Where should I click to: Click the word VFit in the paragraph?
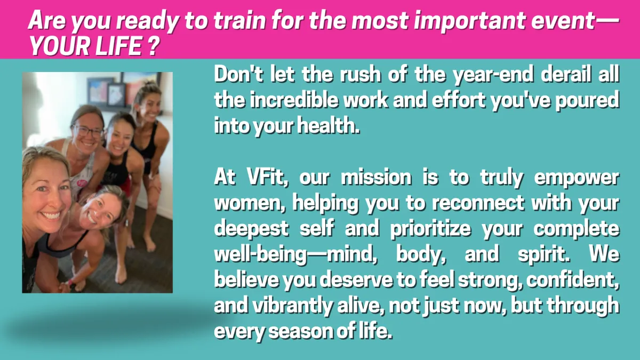(267, 178)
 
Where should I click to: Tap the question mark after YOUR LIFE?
(154, 46)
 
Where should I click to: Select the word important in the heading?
(469, 21)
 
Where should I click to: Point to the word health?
(328, 125)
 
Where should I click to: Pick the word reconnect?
(478, 203)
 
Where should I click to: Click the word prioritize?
(430, 229)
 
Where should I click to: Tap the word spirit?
(543, 254)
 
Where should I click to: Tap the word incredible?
(294, 100)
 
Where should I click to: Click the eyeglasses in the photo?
(87, 131)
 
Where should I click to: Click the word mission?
(376, 178)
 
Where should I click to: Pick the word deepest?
(251, 229)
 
